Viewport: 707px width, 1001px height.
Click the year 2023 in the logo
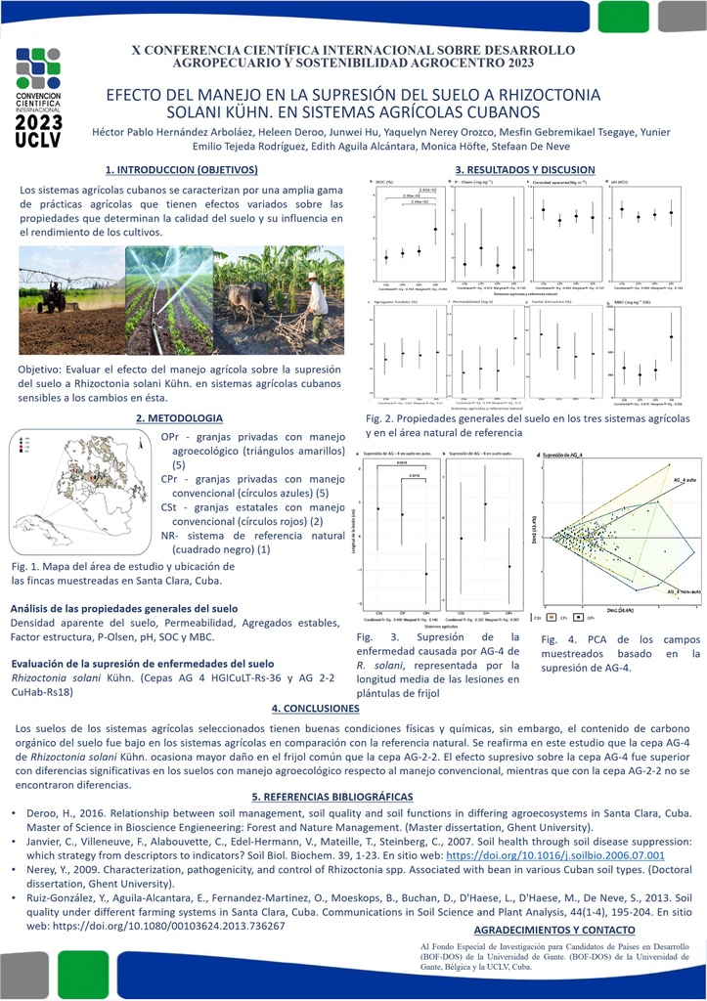pos(39,122)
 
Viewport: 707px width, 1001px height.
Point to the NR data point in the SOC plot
pos(435,229)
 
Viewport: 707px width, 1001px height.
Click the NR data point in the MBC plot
pos(671,336)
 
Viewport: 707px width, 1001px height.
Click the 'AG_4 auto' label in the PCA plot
pos(684,481)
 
